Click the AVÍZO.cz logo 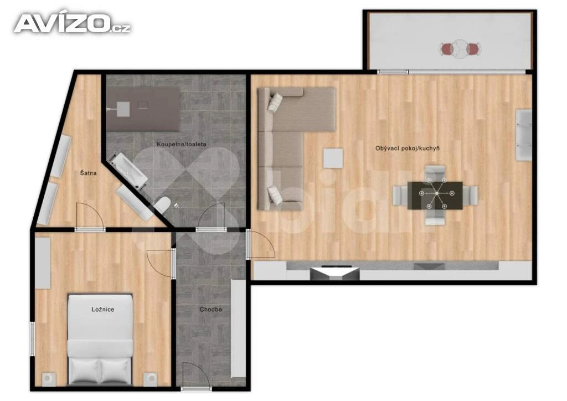(x=73, y=23)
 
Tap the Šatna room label (x=88, y=173)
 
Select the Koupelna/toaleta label (x=182, y=144)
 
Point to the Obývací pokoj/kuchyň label (x=408, y=148)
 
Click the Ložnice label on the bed (x=102, y=310)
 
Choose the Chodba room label (x=210, y=310)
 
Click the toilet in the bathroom (x=162, y=205)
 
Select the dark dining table (x=435, y=196)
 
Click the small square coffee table (x=333, y=158)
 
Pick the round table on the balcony (x=460, y=49)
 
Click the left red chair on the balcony (x=447, y=49)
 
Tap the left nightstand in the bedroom (x=49, y=379)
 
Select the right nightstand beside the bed (x=151, y=379)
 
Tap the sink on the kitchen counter (x=429, y=266)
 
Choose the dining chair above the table (x=435, y=173)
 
